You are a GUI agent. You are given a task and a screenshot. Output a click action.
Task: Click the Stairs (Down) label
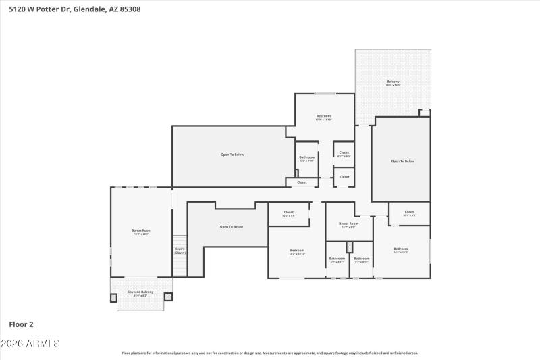coord(180,251)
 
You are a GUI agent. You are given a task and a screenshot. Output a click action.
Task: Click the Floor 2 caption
coord(22,324)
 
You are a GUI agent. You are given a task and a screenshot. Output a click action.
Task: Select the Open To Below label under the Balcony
coord(402,161)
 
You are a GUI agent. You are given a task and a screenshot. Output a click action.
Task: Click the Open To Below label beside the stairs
coord(232,226)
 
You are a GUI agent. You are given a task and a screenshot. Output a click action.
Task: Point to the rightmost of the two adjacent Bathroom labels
coord(362,259)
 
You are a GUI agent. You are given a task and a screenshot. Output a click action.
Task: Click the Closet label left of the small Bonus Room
coord(289,213)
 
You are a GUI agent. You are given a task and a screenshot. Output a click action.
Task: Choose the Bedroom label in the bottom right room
coord(401,249)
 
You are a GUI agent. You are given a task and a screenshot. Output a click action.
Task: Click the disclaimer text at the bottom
coord(270,353)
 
